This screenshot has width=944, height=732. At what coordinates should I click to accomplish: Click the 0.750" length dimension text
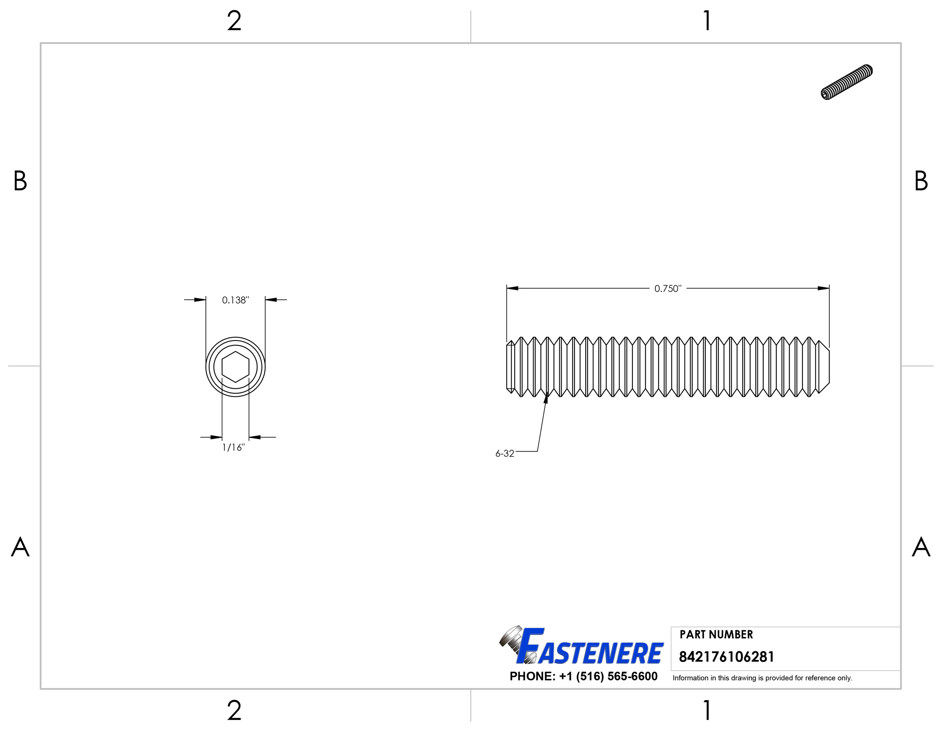[668, 288]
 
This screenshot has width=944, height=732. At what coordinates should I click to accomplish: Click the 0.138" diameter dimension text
[235, 300]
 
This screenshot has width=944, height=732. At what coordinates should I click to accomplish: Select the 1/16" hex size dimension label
[233, 447]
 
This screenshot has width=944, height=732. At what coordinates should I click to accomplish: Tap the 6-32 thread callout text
[504, 454]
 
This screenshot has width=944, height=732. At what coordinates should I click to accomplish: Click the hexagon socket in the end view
[235, 367]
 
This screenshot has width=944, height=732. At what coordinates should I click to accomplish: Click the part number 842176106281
[726, 657]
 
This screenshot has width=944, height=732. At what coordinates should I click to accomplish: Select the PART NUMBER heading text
[716, 634]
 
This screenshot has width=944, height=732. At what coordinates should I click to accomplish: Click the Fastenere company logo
[581, 647]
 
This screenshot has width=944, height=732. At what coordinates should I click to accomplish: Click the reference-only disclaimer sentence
[762, 678]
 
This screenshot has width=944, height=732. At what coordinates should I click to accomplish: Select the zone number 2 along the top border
[234, 21]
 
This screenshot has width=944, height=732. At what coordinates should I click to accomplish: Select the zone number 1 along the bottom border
[707, 710]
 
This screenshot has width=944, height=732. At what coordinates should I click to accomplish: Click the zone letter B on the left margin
[20, 181]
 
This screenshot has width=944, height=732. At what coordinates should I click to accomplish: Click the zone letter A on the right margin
[921, 547]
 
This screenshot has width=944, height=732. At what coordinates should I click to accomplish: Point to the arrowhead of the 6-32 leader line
[546, 399]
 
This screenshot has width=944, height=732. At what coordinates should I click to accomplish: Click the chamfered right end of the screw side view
[824, 367]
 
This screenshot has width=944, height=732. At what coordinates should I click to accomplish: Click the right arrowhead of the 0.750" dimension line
[824, 288]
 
